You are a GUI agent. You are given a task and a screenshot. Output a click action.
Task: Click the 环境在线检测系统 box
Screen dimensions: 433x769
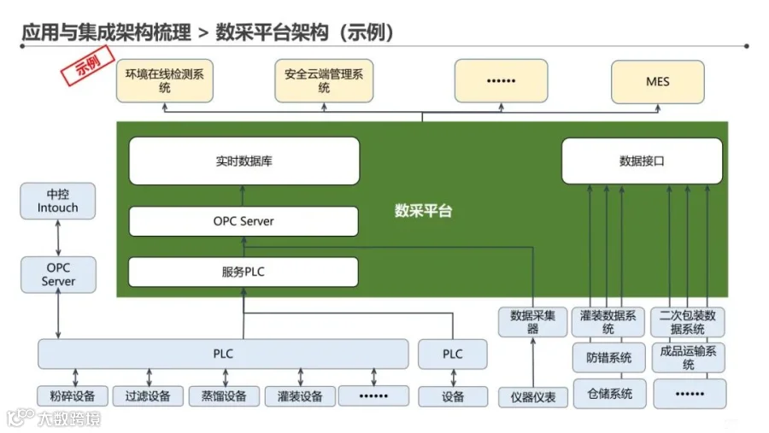click(x=165, y=81)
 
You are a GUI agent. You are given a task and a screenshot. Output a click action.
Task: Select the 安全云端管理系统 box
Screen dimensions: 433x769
click(x=324, y=81)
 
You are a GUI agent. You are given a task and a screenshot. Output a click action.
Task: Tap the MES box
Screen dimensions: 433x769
click(x=657, y=81)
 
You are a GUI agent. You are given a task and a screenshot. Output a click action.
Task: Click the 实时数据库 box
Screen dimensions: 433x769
click(x=244, y=161)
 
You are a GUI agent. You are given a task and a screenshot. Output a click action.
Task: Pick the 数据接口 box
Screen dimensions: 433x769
click(x=642, y=161)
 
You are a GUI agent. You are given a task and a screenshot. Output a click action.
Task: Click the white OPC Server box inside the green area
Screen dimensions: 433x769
click(x=244, y=221)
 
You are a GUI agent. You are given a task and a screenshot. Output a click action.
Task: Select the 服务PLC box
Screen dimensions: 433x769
click(x=244, y=272)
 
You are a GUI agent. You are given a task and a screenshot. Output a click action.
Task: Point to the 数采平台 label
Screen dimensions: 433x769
click(x=424, y=210)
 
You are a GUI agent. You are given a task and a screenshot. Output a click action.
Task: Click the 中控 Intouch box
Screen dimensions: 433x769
click(x=58, y=201)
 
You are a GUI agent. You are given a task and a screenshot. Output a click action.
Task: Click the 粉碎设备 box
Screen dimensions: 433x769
click(x=73, y=396)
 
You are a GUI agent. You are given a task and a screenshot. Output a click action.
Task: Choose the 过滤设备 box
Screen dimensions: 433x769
click(x=148, y=396)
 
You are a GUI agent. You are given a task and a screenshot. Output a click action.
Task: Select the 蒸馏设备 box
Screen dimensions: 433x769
click(x=223, y=396)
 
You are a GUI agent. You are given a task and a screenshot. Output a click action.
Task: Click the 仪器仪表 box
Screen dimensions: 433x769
click(x=533, y=396)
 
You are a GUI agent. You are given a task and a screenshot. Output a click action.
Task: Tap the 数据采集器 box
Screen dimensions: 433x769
click(x=533, y=321)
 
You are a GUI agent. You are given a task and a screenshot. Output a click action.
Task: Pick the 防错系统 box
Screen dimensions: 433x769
click(x=608, y=358)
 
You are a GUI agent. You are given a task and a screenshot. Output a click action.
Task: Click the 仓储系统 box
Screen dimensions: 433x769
click(x=608, y=394)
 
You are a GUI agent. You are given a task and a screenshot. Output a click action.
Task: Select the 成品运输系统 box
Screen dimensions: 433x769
click(x=689, y=357)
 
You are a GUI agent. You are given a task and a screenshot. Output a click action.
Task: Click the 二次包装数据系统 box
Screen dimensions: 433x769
click(x=689, y=322)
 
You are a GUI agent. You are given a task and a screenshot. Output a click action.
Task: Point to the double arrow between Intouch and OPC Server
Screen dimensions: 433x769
click(x=58, y=237)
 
